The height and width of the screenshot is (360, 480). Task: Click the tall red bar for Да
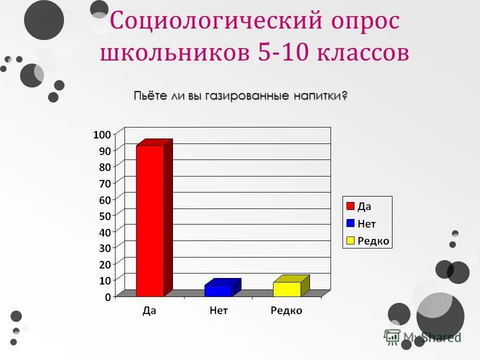(150, 220)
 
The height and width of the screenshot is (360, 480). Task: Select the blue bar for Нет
(218, 290)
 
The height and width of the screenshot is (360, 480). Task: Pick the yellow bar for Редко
(287, 289)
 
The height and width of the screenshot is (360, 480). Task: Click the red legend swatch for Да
(350, 206)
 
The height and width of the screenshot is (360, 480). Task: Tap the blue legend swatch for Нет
(350, 223)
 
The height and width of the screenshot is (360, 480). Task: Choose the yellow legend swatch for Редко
(350, 240)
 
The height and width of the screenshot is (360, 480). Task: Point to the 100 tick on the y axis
(101, 134)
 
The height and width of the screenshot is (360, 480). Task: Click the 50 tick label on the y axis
(104, 215)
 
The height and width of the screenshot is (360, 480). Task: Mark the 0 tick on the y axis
(108, 297)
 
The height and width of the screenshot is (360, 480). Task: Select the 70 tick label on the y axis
(104, 183)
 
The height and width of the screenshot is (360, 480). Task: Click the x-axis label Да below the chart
(149, 311)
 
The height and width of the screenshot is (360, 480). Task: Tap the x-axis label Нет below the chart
(218, 311)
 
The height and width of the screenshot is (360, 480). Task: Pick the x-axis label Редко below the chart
(286, 311)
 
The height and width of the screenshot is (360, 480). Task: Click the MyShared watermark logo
(422, 337)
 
